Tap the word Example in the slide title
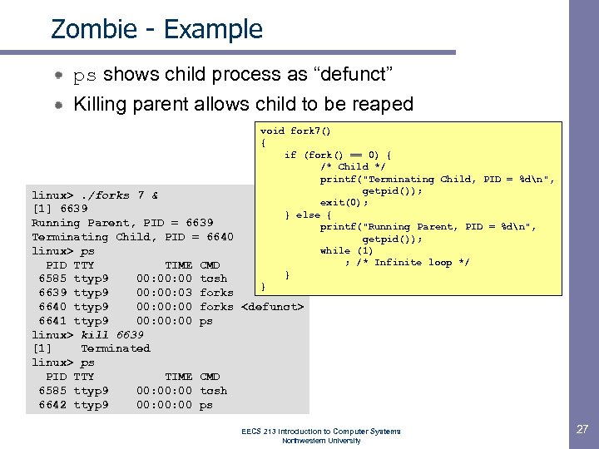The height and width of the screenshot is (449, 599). click(x=214, y=29)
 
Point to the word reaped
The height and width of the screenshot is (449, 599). click(x=384, y=104)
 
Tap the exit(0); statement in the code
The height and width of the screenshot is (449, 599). click(x=344, y=202)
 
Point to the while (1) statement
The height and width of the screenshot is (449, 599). click(x=347, y=250)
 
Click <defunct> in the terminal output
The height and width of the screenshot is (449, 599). click(x=272, y=307)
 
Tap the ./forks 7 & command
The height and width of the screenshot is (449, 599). click(x=120, y=195)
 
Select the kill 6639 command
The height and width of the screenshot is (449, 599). click(x=111, y=334)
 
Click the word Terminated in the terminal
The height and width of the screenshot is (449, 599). click(x=115, y=348)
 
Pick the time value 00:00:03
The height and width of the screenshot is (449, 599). click(x=164, y=293)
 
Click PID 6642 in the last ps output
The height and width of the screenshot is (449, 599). click(x=52, y=405)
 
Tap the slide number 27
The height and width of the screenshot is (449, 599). click(x=581, y=429)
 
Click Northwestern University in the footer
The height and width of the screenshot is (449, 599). click(x=321, y=440)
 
